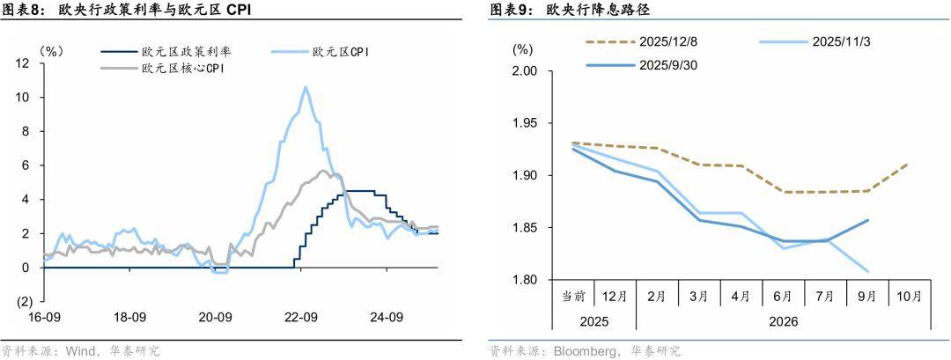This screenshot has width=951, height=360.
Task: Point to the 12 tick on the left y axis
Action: point(24,63)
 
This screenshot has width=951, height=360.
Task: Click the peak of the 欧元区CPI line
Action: point(306,86)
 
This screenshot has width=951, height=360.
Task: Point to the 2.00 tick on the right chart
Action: point(525,70)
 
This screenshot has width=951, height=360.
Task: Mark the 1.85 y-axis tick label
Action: point(525,228)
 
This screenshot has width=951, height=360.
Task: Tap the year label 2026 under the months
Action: point(783,322)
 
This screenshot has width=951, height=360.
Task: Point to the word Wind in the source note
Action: point(80,351)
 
